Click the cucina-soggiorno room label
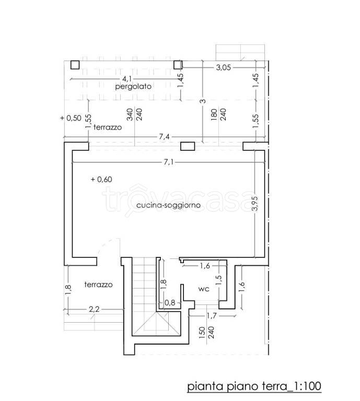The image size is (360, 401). click(x=168, y=205)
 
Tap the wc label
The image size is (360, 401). click(x=204, y=289)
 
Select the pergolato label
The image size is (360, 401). click(x=133, y=87)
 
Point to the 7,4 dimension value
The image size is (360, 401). click(x=164, y=137)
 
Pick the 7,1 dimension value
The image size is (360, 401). click(x=168, y=162)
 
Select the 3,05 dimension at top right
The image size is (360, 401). click(x=224, y=67)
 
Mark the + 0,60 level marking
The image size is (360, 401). click(x=101, y=179)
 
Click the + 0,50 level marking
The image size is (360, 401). click(x=71, y=118)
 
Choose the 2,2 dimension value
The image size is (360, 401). click(x=94, y=310)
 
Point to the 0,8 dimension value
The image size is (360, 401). click(x=170, y=303)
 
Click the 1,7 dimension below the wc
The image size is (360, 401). click(x=211, y=316)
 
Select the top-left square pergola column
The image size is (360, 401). click(x=75, y=65)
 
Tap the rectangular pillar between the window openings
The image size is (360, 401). click(x=188, y=146)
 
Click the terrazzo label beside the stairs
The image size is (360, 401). click(x=99, y=285)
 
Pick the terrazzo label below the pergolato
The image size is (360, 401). click(x=108, y=127)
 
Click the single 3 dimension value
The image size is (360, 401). click(x=203, y=101)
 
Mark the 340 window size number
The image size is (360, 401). click(x=130, y=114)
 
